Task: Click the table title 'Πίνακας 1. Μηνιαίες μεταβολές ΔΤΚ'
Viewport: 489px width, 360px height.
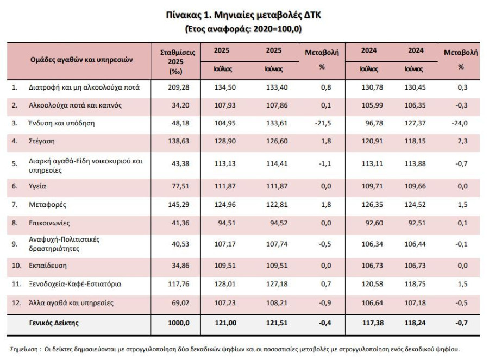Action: (243, 15)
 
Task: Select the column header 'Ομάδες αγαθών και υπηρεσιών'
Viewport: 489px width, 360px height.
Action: (81, 60)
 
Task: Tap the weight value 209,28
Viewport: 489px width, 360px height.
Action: (178, 87)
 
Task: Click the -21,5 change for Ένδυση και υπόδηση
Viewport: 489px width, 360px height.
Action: (323, 123)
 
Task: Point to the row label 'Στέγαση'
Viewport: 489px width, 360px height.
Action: (41, 141)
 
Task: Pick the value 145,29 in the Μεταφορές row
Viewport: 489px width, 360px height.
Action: (178, 205)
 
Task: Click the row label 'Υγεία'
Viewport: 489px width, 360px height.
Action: (37, 186)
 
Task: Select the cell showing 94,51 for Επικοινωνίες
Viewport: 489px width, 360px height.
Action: (227, 223)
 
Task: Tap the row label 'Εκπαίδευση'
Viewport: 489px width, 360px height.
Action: (48, 266)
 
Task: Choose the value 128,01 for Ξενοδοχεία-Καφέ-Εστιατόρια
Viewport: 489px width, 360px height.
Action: (225, 284)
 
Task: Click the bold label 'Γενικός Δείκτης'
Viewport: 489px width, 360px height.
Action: (54, 323)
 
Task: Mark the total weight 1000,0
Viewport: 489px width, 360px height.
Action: (178, 323)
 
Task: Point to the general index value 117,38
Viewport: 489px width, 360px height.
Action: (373, 323)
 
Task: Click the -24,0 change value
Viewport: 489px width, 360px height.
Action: (460, 123)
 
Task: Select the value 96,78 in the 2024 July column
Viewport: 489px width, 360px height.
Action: (374, 123)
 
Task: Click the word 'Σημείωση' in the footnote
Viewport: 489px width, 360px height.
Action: (24, 349)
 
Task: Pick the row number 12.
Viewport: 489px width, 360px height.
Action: (16, 302)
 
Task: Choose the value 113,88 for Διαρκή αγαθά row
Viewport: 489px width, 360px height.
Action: (415, 163)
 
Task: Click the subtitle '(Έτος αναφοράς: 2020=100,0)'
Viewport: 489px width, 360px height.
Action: (243, 29)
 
